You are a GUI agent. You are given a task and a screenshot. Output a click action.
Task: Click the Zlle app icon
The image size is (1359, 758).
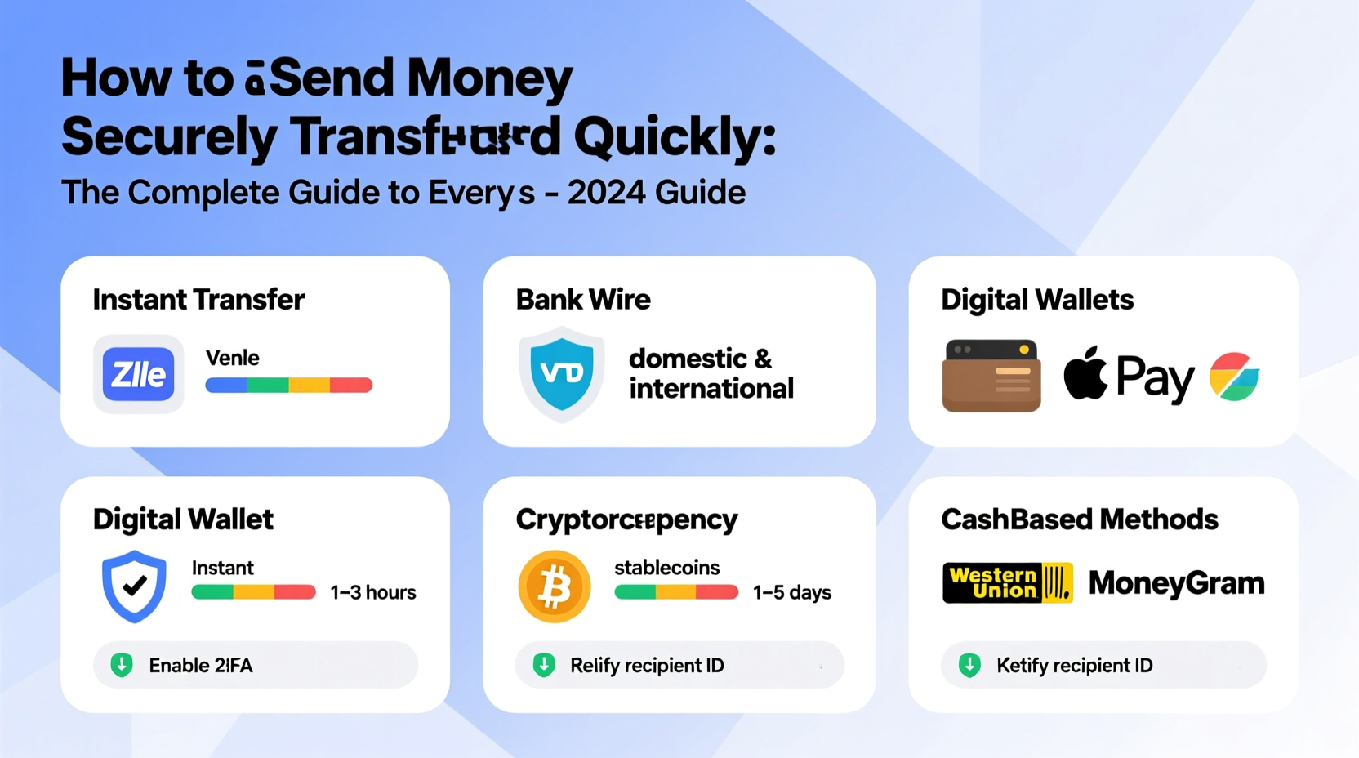click(x=138, y=374)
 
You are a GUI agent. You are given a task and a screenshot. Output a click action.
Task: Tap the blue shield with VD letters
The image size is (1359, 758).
click(x=562, y=373)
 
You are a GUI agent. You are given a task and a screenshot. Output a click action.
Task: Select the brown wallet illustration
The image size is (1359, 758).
click(x=991, y=376)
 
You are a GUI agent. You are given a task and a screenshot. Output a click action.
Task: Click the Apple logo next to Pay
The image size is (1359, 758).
click(x=1085, y=374)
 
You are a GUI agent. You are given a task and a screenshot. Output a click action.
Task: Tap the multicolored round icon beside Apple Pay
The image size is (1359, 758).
click(x=1233, y=377)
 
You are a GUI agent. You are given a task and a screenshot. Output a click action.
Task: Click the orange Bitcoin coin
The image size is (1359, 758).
click(x=555, y=586)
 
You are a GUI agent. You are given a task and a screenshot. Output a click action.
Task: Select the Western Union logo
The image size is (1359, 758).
click(x=1007, y=583)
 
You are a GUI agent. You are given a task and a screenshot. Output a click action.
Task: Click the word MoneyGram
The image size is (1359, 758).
click(x=1176, y=583)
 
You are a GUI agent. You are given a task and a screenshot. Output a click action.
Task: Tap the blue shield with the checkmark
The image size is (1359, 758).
click(x=134, y=585)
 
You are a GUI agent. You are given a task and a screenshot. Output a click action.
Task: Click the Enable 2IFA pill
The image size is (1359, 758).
click(x=255, y=665)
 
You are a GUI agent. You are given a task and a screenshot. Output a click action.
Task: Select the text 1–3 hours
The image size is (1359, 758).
click(x=373, y=592)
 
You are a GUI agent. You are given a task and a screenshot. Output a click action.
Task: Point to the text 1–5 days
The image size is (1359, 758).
click(x=791, y=592)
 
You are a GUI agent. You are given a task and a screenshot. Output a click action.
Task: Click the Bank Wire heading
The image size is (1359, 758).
click(x=583, y=300)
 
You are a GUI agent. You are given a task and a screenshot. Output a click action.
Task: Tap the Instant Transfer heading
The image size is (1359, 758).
click(x=198, y=300)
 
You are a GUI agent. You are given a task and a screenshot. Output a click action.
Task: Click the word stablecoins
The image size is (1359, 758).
click(x=666, y=568)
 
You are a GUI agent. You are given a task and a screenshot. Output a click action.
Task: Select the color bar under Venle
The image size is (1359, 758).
click(x=288, y=386)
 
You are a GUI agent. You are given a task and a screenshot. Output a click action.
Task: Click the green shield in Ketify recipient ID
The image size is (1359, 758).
click(x=969, y=665)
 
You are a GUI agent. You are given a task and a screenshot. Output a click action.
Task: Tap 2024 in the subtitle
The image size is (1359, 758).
click(x=607, y=194)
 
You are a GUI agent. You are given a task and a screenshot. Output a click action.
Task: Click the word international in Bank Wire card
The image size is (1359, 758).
click(x=711, y=389)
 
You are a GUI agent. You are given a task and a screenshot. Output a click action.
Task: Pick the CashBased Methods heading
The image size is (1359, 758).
click(x=1079, y=519)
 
